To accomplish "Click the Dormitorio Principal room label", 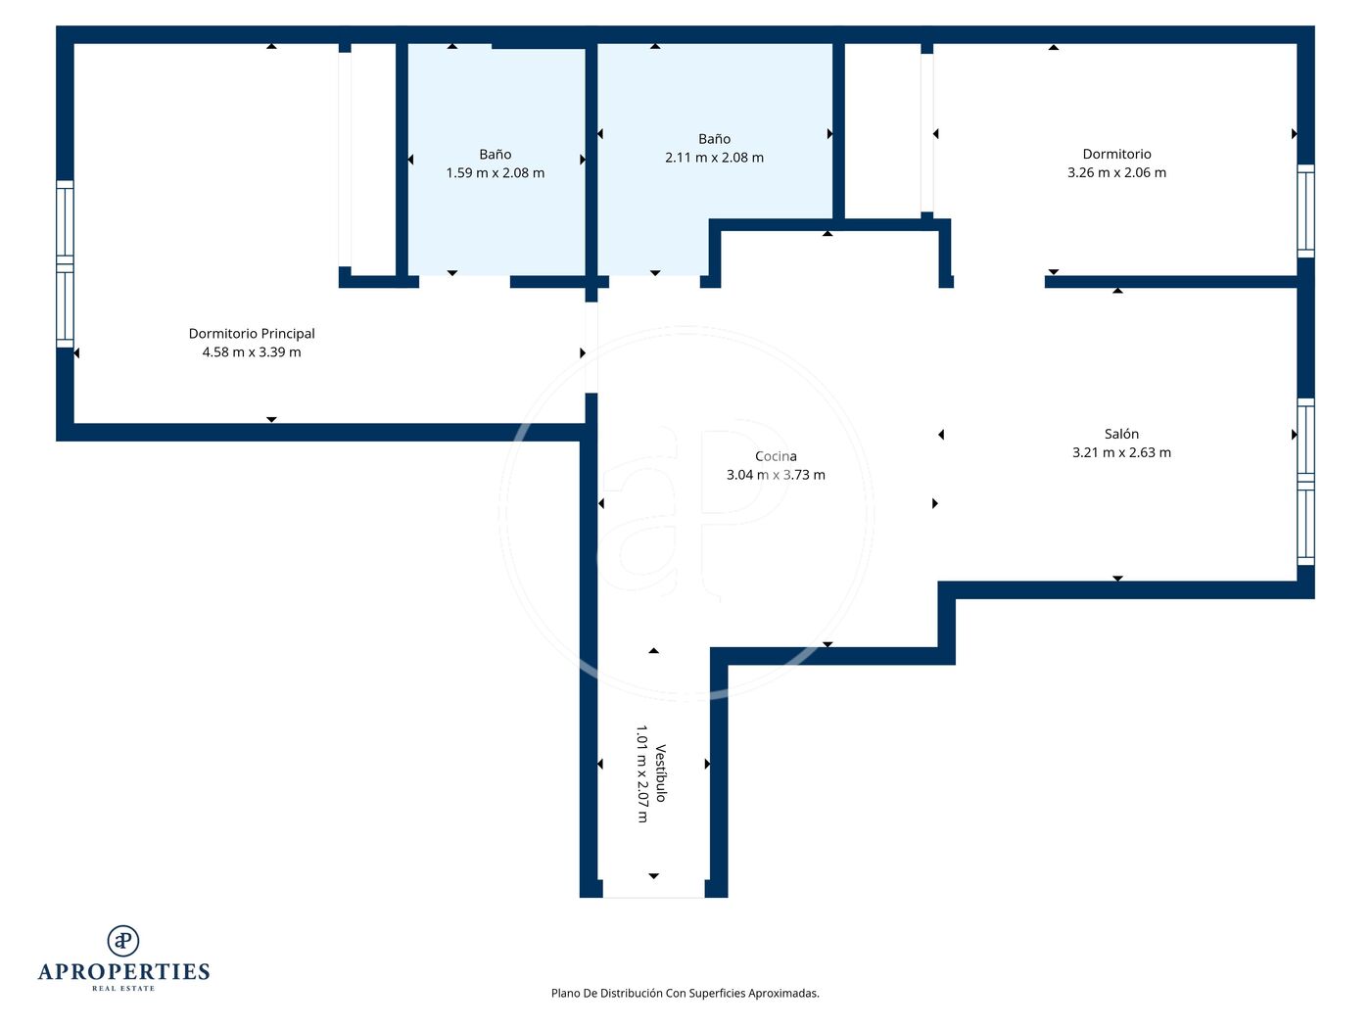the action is (x=252, y=334).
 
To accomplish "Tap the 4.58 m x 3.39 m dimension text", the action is (x=252, y=352).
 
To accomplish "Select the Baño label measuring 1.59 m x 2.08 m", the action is (x=496, y=154).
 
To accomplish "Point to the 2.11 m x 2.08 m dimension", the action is (x=714, y=158).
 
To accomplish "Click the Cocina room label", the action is (x=776, y=456).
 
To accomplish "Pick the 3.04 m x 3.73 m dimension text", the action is (x=776, y=475).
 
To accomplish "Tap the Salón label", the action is (x=1121, y=434).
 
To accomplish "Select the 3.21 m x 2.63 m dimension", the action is (x=1121, y=452).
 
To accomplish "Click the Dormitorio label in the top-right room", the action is (x=1116, y=154).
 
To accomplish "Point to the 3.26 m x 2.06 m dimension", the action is (x=1116, y=173).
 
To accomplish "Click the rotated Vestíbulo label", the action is (x=661, y=773).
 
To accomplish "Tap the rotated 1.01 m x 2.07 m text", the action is (x=642, y=774).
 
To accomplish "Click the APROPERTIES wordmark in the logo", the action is (x=123, y=972).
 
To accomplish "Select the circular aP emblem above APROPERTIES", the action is (x=123, y=941).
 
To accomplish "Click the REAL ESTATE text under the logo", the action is (x=123, y=988).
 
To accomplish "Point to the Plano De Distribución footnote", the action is (x=685, y=993).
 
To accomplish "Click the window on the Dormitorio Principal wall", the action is (x=65, y=264).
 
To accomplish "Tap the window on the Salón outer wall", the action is (x=1305, y=482).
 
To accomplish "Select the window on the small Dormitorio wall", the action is (x=1305, y=210).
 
